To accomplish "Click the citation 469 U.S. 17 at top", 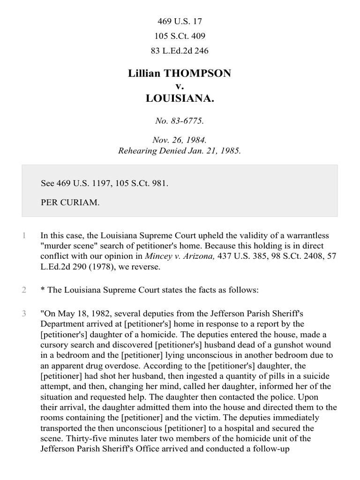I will tap(180, 22).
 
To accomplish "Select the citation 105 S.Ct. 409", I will tap(180, 36).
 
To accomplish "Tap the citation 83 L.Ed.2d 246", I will tap(180, 51).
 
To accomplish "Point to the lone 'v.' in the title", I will tap(180, 86).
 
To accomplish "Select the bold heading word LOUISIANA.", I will tap(180, 99).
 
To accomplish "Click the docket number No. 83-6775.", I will tap(180, 121).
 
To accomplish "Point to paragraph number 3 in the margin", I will tap(24, 313).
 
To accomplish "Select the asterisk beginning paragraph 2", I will tap(43, 290).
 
